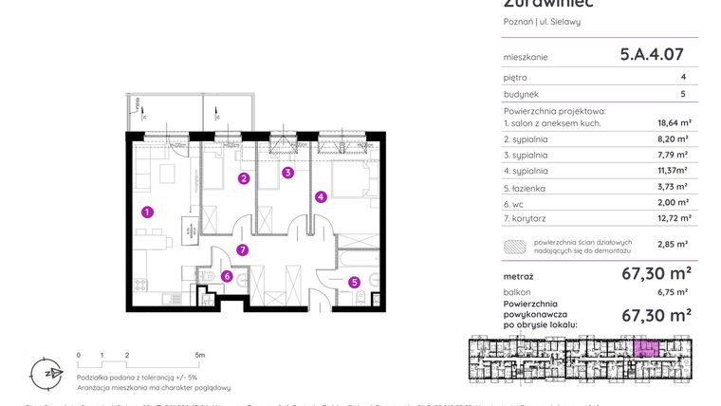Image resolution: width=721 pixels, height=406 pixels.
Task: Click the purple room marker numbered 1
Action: [x=145, y=212]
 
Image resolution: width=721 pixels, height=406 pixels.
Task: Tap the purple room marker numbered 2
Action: [x=244, y=178]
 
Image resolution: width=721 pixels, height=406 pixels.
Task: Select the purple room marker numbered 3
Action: [x=287, y=173]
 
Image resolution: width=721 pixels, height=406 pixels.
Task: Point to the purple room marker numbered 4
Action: [x=322, y=197]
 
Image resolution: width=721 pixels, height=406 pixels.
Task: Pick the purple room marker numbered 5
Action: [x=353, y=281]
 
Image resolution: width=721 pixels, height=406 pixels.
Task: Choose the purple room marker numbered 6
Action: [x=227, y=276]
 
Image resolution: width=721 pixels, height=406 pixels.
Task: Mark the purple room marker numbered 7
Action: [x=243, y=250]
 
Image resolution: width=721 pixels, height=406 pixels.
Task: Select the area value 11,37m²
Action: [x=673, y=171]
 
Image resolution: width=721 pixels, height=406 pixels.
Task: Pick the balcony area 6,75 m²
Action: [x=675, y=292]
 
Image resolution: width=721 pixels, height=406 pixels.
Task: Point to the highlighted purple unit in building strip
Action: [x=646, y=347]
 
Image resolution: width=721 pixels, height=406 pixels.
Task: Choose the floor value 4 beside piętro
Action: [x=682, y=78]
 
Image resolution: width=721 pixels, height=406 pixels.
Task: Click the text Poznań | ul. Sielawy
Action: [x=542, y=21]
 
